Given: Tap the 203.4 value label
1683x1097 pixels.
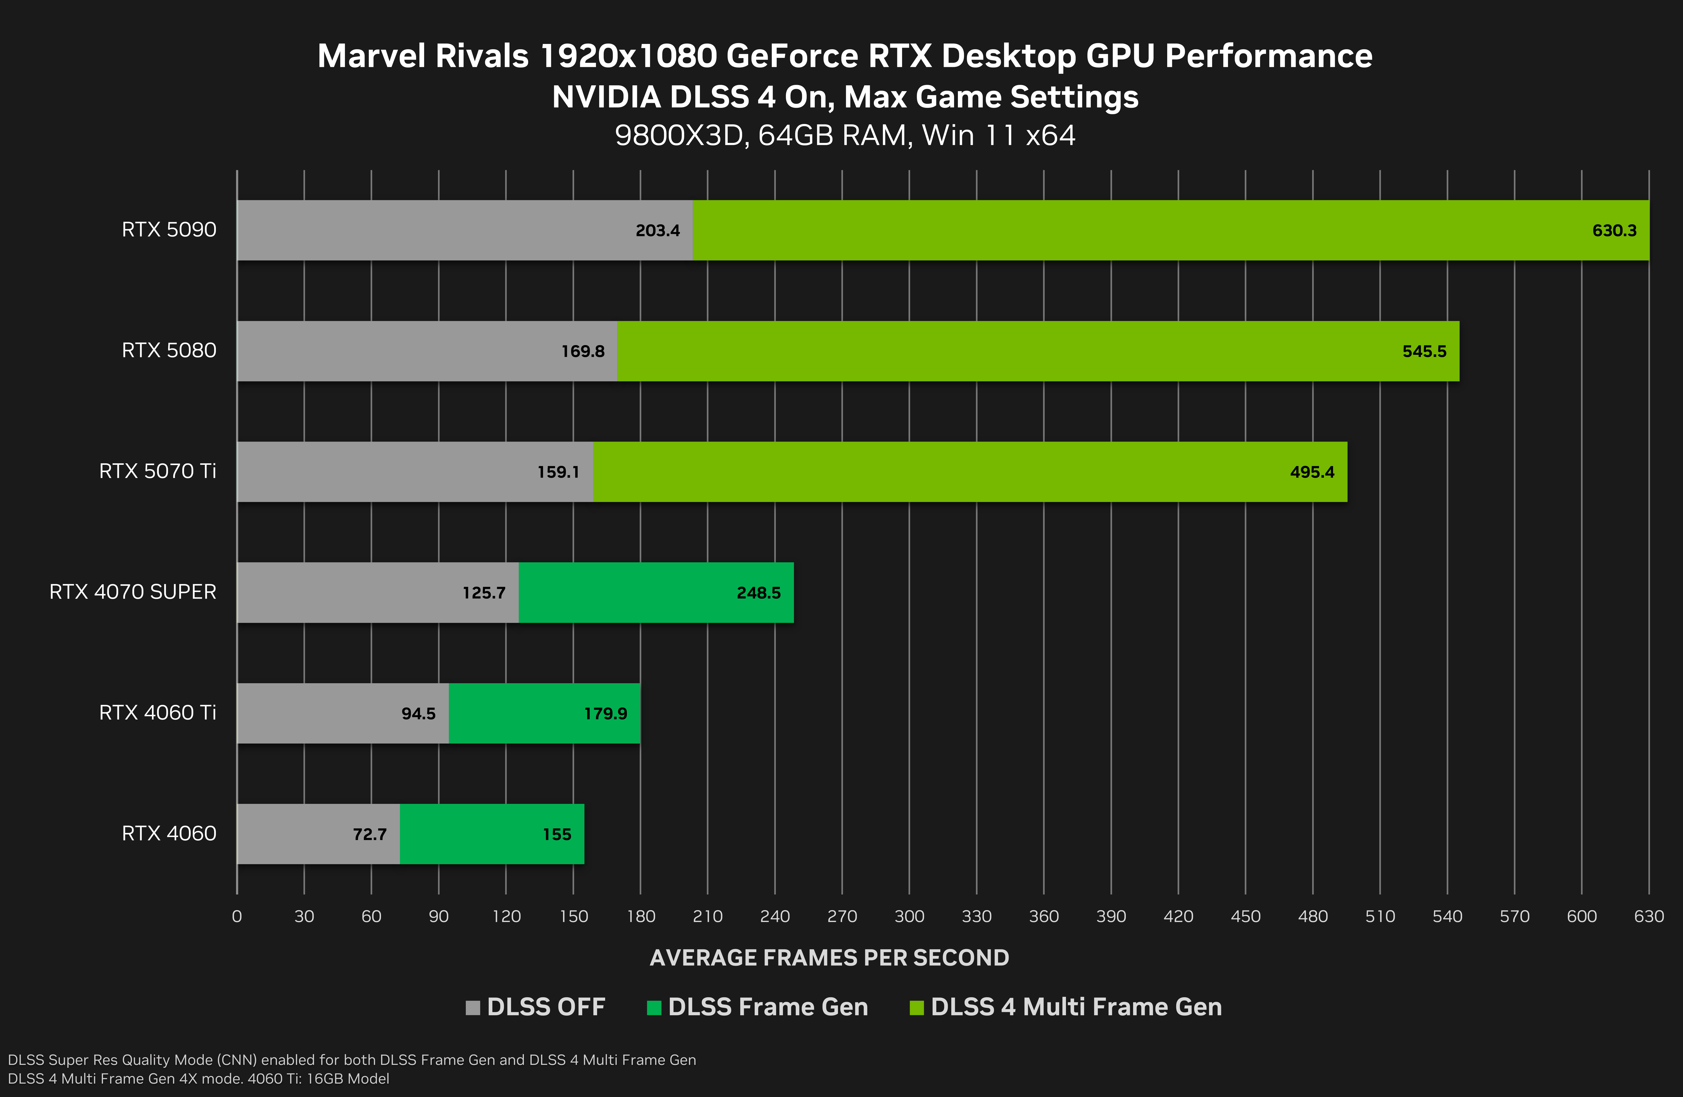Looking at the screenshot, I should (657, 231).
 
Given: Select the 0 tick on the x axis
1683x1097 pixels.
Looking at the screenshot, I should (237, 917).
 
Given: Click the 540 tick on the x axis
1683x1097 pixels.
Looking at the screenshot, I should (1447, 917).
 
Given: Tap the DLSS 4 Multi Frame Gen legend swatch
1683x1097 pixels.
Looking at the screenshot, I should (916, 1007).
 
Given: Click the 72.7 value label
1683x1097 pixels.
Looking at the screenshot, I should (369, 835).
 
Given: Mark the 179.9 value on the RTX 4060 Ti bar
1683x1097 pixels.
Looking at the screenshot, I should (605, 714).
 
